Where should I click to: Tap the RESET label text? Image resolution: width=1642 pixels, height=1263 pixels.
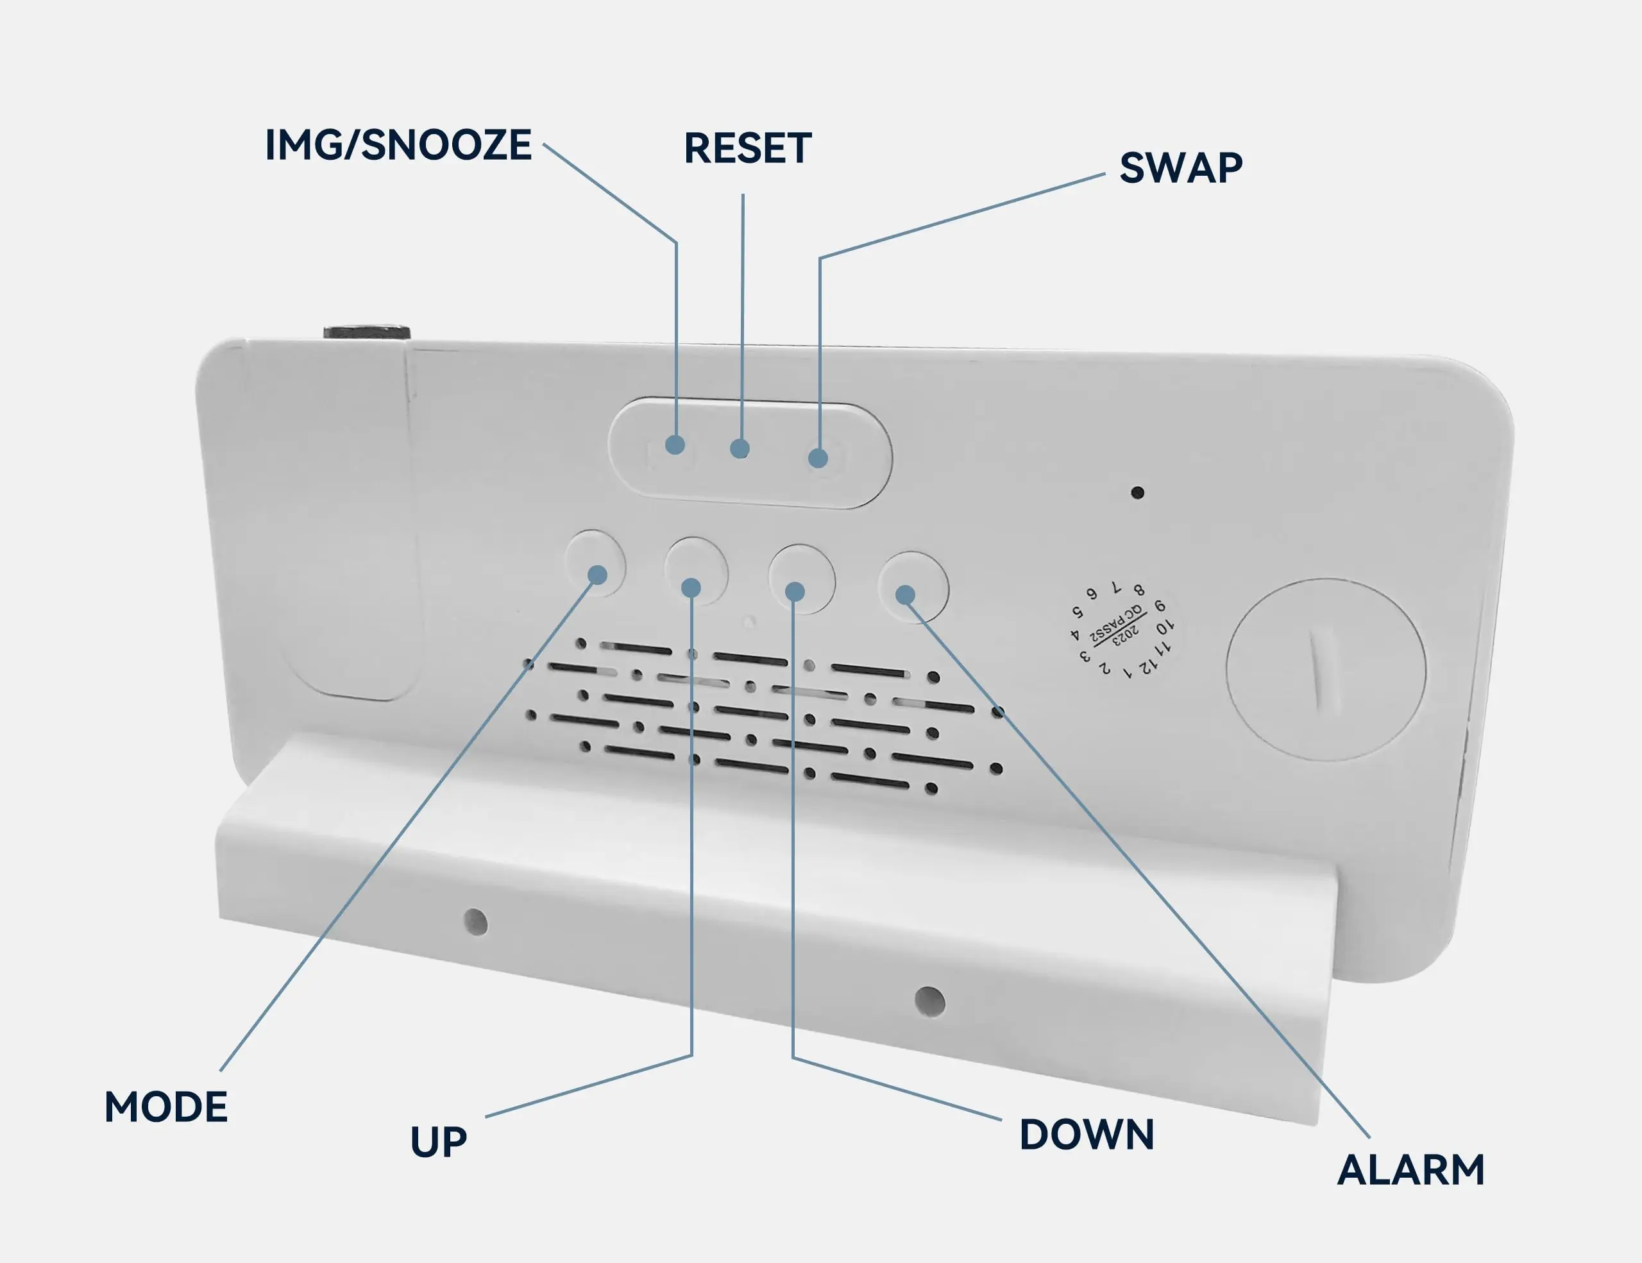point(747,148)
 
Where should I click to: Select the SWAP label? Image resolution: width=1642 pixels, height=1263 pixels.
point(1180,167)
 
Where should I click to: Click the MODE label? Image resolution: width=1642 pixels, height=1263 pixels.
point(165,1106)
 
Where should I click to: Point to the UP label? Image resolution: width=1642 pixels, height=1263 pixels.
point(438,1141)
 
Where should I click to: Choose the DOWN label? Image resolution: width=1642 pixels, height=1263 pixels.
point(1087,1135)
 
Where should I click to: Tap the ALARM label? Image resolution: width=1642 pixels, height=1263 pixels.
point(1410,1170)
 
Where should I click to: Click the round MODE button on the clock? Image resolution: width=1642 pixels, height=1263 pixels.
point(595,564)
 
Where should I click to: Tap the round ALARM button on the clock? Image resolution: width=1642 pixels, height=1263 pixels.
point(913,586)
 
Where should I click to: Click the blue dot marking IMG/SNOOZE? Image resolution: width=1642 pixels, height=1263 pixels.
point(675,445)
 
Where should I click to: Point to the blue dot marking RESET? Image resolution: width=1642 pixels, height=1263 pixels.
point(740,449)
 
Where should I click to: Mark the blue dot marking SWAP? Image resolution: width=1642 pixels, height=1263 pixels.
point(818,458)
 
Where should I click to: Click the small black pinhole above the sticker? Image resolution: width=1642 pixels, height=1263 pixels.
point(1137,493)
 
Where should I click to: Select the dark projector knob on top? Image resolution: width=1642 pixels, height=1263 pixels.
point(367,332)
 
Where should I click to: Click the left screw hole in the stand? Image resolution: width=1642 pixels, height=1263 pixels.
point(475,922)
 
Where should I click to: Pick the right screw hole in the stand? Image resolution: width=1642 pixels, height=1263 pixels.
point(929,1001)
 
